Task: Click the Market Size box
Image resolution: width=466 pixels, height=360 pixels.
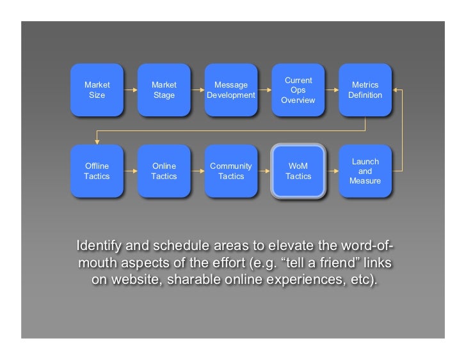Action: (x=97, y=90)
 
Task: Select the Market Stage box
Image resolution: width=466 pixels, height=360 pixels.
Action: (x=164, y=90)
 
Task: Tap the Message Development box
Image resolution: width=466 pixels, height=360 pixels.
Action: (x=231, y=90)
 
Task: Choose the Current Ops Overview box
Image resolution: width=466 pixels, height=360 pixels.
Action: (x=298, y=90)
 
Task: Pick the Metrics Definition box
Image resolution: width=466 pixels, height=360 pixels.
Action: (x=365, y=90)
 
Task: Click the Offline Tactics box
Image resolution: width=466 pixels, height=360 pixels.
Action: (x=97, y=171)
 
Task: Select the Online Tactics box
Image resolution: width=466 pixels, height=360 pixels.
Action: (x=164, y=171)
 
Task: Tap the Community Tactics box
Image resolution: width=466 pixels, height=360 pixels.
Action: (x=231, y=171)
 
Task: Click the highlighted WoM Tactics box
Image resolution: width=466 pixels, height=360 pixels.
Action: (x=298, y=171)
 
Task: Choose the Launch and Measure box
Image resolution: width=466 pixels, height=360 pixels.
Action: (x=365, y=171)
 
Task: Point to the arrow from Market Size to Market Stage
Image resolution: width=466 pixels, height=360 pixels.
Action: (x=131, y=90)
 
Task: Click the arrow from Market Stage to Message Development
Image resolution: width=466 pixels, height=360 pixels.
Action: (x=197, y=90)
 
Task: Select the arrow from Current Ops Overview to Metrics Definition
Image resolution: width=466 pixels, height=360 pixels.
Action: (x=332, y=90)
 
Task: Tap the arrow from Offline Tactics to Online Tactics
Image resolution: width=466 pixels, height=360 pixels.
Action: (x=131, y=171)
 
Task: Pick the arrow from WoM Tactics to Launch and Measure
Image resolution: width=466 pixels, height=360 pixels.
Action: (x=332, y=171)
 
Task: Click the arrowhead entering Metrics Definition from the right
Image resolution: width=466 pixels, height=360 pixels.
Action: (x=396, y=90)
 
